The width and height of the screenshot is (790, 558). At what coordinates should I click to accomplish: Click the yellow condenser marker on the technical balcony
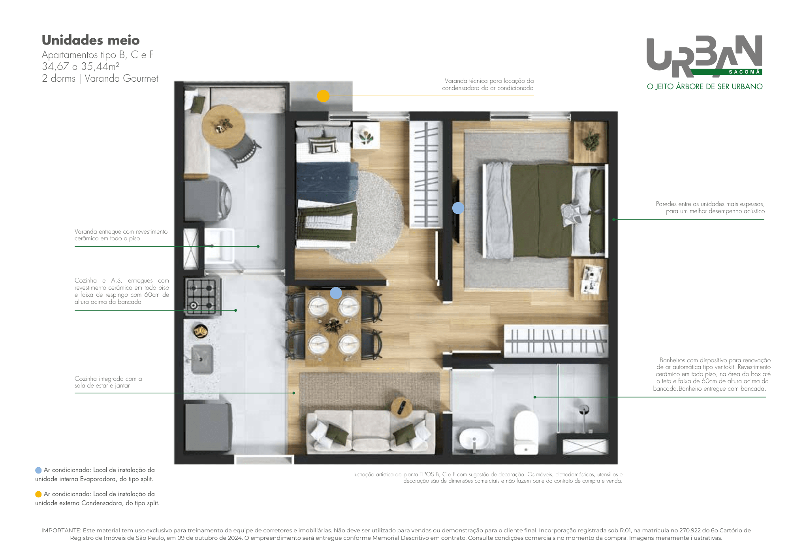(x=323, y=96)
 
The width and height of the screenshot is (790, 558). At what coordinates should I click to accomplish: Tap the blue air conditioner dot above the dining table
(x=336, y=293)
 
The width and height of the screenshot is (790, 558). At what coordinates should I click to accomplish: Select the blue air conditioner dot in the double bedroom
(x=458, y=208)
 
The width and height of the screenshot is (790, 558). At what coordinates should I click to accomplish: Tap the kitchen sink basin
(x=202, y=360)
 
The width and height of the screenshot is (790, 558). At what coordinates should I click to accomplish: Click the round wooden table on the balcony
(x=223, y=127)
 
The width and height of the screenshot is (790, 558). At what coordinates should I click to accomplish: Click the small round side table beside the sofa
(x=402, y=407)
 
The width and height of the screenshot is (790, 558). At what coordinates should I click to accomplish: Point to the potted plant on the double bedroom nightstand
(x=591, y=139)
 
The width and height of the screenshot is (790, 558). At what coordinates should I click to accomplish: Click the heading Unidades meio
(x=91, y=40)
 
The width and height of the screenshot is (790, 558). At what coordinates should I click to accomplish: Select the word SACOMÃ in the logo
(x=744, y=72)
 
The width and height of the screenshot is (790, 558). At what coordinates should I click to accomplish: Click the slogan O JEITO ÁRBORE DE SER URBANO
(x=705, y=86)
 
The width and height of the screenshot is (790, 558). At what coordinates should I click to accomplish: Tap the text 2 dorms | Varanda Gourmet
(x=100, y=79)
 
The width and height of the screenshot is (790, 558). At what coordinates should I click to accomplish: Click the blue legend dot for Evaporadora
(x=38, y=470)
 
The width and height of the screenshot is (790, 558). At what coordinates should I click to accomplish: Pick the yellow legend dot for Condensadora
(x=38, y=494)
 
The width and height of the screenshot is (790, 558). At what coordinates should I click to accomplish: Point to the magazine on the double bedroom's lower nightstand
(x=591, y=279)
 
